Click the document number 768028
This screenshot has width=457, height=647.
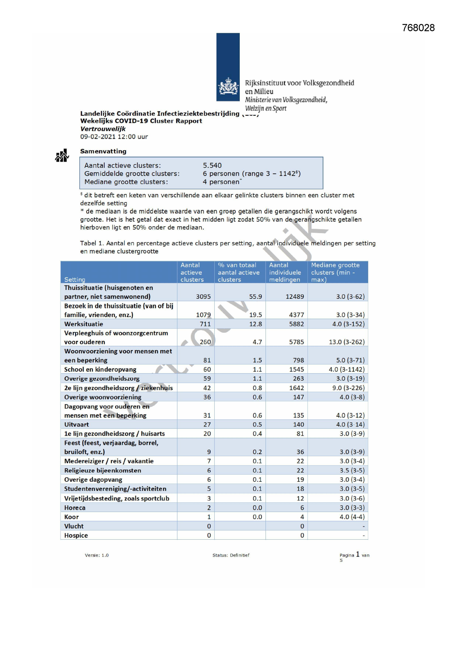[418, 28]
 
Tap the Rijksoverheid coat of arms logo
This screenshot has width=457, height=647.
[228, 87]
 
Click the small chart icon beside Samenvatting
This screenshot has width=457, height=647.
[62, 156]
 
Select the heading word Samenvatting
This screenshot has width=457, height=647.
[103, 151]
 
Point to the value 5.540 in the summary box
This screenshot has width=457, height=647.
[212, 165]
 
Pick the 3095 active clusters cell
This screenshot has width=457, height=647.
[203, 297]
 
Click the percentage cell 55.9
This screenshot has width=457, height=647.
[256, 297]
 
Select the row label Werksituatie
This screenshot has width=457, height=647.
[84, 324]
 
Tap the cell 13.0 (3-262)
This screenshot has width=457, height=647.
[347, 342]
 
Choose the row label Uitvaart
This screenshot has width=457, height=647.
[77, 425]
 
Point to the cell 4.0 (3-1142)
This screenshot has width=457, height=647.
[347, 369]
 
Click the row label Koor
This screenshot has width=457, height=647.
[71, 517]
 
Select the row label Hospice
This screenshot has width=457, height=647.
[76, 535]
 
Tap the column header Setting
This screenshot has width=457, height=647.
[75, 280]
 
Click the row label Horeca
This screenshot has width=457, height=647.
[75, 508]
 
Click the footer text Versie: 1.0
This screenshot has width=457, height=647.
[97, 555]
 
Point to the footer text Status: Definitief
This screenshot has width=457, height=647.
[231, 555]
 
